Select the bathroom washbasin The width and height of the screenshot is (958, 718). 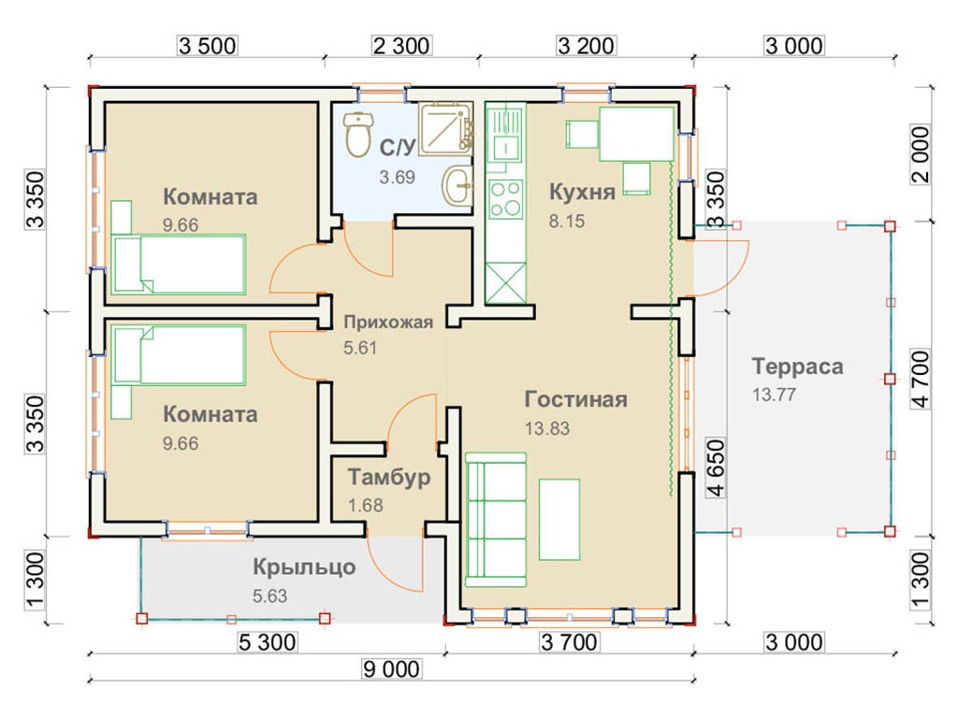click(x=457, y=185)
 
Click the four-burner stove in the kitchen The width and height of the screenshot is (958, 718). click(x=506, y=198)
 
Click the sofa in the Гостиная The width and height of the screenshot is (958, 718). click(x=496, y=520)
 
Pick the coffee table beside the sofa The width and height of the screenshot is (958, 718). click(x=559, y=520)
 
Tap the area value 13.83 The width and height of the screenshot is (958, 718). click(x=546, y=428)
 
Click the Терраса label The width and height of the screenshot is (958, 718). click(x=797, y=366)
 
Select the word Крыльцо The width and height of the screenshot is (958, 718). click(x=304, y=567)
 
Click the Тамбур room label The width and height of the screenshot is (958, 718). click(x=389, y=477)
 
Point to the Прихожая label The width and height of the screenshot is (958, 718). click(x=388, y=322)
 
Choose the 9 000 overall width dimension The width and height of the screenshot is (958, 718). click(x=391, y=669)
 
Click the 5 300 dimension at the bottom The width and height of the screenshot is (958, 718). click(x=267, y=642)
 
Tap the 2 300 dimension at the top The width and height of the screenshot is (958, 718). click(x=401, y=46)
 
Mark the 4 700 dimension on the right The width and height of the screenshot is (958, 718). click(x=920, y=379)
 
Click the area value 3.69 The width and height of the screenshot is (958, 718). click(x=397, y=177)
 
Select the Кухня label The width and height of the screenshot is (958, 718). click(x=582, y=192)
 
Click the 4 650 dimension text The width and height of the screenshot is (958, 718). click(x=716, y=467)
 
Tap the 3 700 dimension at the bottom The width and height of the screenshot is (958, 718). click(x=569, y=642)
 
